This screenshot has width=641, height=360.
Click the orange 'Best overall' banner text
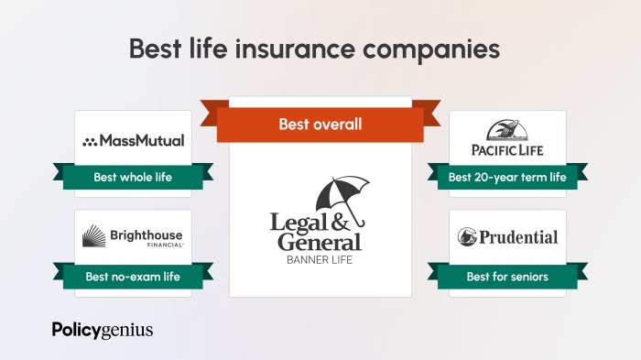(x=320, y=124)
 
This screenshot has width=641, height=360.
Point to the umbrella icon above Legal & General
(x=342, y=195)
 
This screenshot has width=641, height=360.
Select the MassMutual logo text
(x=142, y=141)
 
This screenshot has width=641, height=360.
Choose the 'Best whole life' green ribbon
(x=133, y=177)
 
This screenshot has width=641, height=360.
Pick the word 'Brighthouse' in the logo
(x=147, y=235)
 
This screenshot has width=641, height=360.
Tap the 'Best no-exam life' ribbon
(x=133, y=276)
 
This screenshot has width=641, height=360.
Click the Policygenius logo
(x=103, y=330)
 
